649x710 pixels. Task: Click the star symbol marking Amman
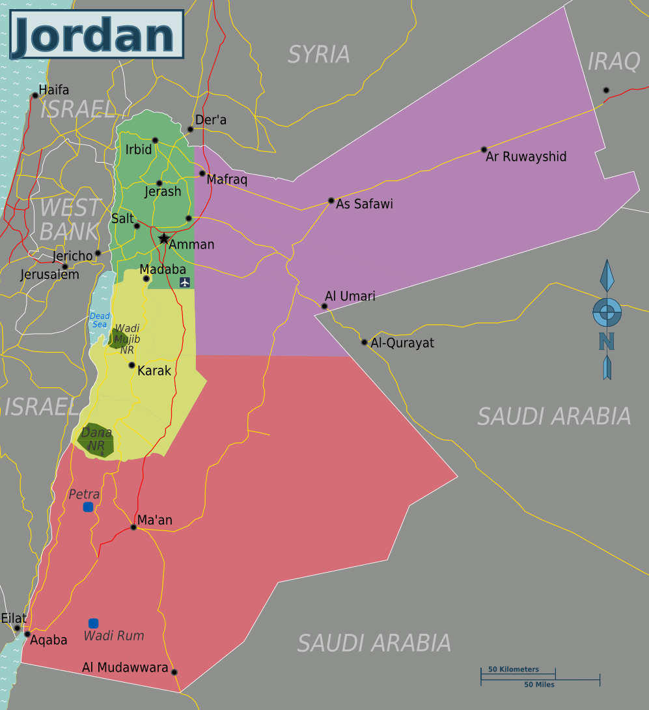(164, 239)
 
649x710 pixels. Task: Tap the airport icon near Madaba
(185, 282)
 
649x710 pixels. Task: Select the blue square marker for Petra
(88, 507)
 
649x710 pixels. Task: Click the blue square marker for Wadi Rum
(93, 623)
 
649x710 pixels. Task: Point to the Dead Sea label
(100, 320)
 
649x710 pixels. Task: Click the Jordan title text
(96, 34)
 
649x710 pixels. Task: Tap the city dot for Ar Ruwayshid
(484, 150)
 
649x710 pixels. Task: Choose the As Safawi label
(365, 204)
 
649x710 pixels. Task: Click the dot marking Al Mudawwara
(174, 672)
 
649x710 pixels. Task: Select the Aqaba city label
(49, 640)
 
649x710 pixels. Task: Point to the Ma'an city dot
(133, 527)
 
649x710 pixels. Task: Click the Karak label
(154, 371)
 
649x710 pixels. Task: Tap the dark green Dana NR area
(96, 441)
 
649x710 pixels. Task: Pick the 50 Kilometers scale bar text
(514, 669)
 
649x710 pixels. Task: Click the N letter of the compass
(607, 341)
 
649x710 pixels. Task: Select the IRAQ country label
(614, 61)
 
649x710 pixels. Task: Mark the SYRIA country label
(319, 54)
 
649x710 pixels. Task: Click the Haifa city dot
(35, 96)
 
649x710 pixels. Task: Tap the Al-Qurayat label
(402, 343)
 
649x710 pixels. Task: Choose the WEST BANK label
(69, 219)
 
